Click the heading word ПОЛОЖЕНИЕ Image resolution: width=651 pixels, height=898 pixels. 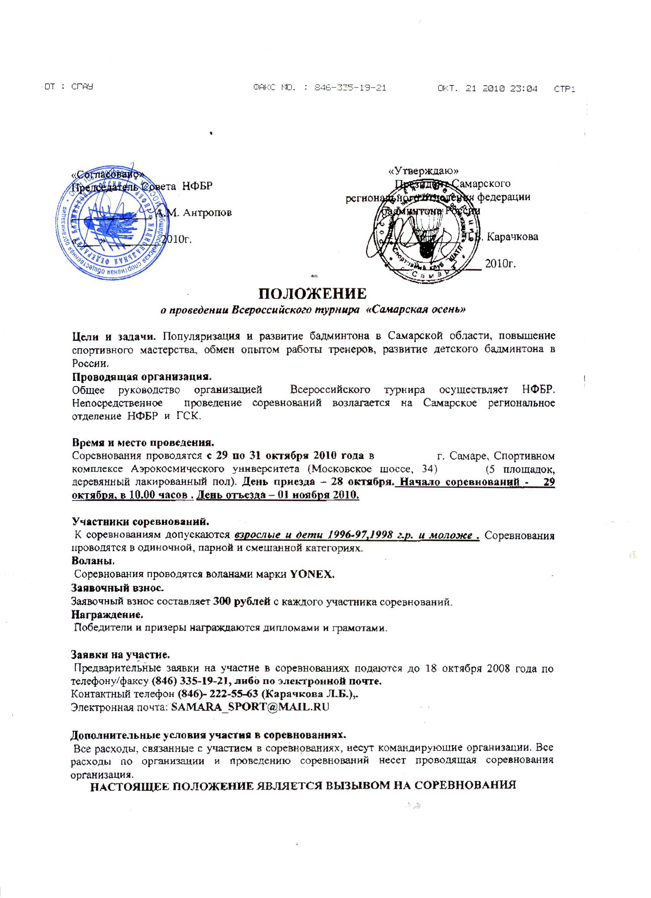[312, 293]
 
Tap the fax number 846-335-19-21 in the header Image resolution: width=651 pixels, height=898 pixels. [350, 88]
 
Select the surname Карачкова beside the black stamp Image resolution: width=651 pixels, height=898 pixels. [512, 237]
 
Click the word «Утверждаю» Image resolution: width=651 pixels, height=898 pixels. [424, 171]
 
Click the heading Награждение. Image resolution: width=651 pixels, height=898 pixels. [107, 615]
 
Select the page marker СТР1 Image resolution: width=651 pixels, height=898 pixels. [564, 89]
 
